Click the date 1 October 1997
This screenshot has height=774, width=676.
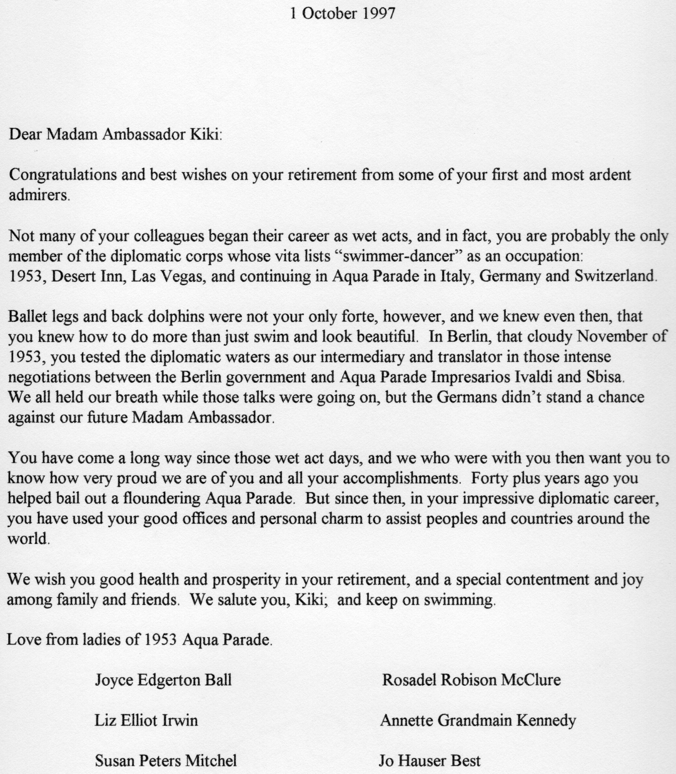(x=342, y=14)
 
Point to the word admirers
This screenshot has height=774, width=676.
(x=38, y=196)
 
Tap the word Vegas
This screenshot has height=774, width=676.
(x=182, y=276)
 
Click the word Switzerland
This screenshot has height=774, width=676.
(x=615, y=276)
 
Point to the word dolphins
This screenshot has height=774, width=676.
(x=176, y=317)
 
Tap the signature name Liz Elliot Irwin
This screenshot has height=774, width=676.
(x=146, y=720)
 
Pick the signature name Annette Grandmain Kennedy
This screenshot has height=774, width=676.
(x=478, y=720)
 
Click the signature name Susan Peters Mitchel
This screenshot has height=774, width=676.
(x=166, y=761)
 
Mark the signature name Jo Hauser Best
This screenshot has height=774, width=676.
(x=430, y=761)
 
